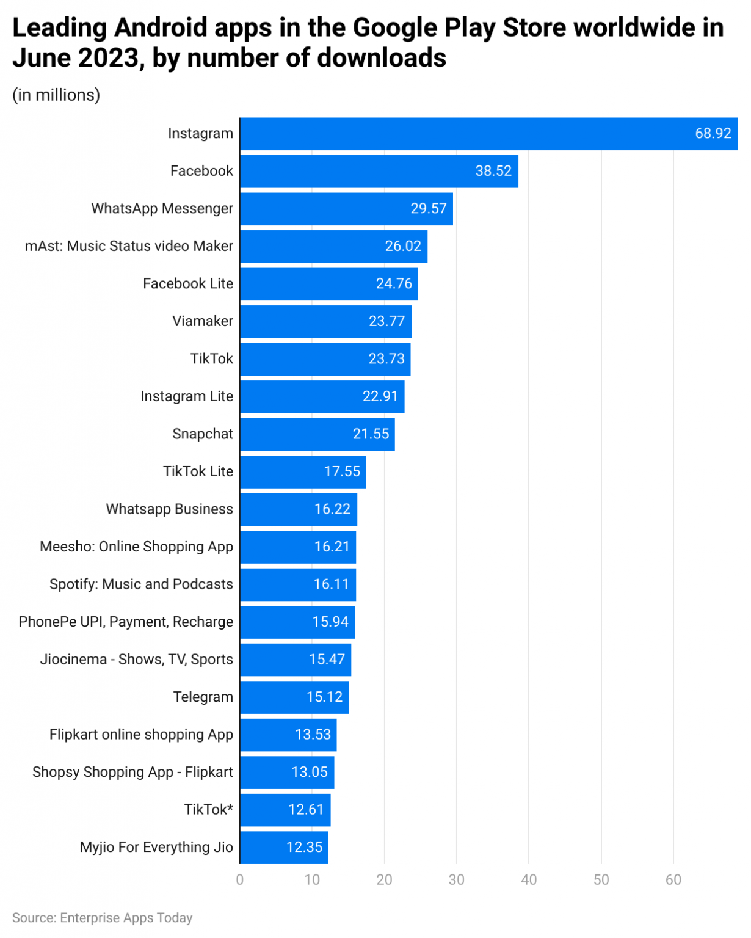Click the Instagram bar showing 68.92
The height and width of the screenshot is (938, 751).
point(488,134)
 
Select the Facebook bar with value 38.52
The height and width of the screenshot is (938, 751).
point(379,171)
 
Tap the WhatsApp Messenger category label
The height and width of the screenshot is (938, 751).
point(162,209)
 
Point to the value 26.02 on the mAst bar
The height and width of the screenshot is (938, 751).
point(403,246)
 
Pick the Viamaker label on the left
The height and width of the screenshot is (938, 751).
point(203,321)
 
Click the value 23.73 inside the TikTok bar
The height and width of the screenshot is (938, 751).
point(386,359)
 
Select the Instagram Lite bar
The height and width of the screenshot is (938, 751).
point(322,396)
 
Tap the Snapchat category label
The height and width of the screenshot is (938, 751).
point(203,434)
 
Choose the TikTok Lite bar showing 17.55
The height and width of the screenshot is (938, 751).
point(303,471)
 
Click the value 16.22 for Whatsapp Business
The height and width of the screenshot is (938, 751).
point(332,509)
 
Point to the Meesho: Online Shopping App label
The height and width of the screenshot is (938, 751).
point(136,547)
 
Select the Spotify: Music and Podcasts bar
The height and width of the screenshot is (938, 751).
point(298,584)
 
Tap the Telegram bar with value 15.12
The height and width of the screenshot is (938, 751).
point(294,697)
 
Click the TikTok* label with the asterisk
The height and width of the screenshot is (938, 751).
point(209,810)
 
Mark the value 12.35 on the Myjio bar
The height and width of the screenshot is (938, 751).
point(304,847)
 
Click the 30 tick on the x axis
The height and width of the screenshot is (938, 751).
point(456,880)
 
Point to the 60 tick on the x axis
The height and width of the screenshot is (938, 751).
point(673,880)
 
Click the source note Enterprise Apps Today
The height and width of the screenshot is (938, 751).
point(102,918)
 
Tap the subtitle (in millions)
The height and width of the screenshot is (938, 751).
point(56,95)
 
